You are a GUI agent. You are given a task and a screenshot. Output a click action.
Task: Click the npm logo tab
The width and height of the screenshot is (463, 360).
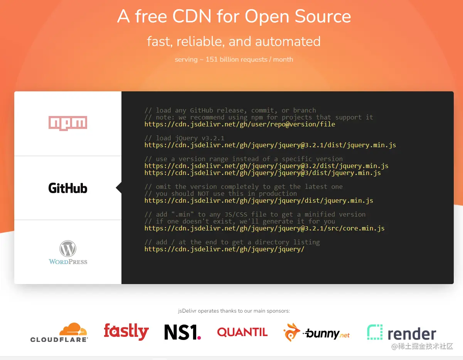point(68,123)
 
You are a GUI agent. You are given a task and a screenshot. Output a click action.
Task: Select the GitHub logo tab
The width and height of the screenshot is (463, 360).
point(68,188)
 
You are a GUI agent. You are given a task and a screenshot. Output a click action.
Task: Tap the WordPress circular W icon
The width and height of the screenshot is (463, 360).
point(68,249)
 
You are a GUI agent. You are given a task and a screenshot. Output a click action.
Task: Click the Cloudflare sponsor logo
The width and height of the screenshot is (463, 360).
point(59,333)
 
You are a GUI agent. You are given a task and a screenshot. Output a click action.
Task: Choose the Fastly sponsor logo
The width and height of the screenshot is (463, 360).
point(126,331)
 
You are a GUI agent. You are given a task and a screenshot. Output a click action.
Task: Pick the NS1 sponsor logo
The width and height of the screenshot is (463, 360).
point(182,332)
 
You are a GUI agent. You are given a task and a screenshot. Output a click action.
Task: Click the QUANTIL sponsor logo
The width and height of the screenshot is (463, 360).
point(242,332)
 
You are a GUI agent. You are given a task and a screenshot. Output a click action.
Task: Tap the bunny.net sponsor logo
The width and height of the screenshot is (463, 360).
point(316,332)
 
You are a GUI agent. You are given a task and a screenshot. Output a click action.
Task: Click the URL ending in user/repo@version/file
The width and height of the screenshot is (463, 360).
point(240,124)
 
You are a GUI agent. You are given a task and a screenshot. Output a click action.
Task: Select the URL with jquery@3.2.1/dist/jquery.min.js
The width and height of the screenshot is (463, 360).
point(270,145)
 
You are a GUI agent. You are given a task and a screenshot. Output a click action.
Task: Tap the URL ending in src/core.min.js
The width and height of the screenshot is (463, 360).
point(264,228)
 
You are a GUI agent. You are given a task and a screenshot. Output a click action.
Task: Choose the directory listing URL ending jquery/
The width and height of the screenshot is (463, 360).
point(224,249)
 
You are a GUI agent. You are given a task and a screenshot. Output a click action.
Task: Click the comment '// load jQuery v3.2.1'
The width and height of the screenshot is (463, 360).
point(184,138)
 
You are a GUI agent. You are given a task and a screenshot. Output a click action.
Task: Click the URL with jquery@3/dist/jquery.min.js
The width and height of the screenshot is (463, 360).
point(263,173)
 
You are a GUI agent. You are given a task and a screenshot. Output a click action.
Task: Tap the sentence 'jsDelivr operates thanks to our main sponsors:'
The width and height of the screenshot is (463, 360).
point(234,311)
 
